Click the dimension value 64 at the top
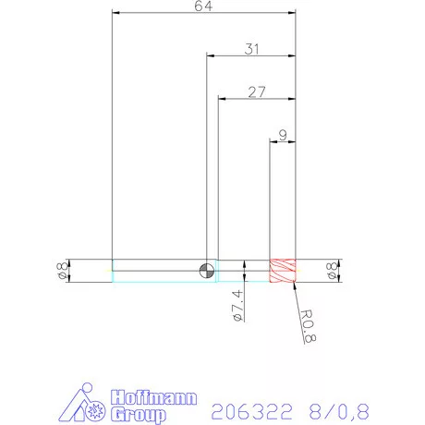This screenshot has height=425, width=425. [203, 6]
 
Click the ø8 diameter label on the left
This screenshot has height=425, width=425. [62, 271]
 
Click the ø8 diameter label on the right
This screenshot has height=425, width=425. [332, 271]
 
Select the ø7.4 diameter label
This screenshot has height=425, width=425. [237, 304]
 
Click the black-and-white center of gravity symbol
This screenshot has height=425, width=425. [208, 270]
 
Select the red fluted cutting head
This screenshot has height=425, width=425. [282, 270]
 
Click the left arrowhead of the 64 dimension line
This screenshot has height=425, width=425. [115, 13]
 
